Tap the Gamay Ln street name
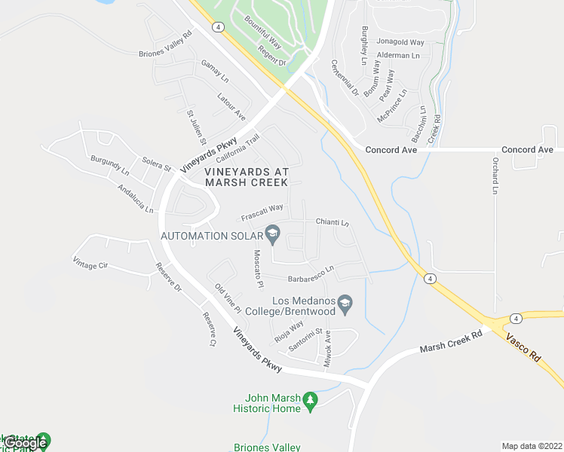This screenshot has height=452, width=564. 215,71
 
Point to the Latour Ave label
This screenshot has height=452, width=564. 231,106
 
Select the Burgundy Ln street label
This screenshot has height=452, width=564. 110,166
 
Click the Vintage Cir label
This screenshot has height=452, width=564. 90,263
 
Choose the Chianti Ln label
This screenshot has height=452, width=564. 333,223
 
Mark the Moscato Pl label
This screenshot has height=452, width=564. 258,270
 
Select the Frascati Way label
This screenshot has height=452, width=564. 262,212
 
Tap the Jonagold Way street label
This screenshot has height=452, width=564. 400,43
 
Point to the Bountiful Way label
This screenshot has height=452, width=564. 259,37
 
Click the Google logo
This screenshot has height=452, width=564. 25,443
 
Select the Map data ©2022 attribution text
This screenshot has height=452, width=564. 532,446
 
